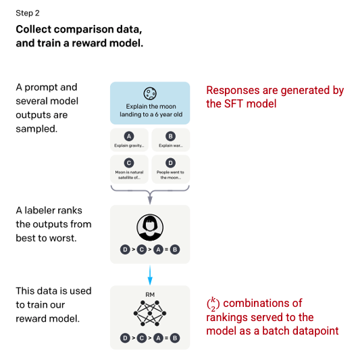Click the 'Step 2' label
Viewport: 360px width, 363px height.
click(x=28, y=14)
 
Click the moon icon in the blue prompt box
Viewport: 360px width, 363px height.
click(x=150, y=93)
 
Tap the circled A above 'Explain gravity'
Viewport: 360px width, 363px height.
click(x=129, y=136)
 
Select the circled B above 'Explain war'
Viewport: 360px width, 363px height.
click(x=170, y=136)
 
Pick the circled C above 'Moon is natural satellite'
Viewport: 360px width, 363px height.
click(x=129, y=163)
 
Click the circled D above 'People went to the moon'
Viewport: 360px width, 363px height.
click(x=170, y=163)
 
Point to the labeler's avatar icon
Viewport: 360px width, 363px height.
click(x=150, y=227)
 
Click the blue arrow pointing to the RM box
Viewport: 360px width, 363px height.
click(x=150, y=275)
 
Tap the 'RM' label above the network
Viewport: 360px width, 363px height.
click(x=150, y=295)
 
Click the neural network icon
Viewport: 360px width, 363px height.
click(x=150, y=313)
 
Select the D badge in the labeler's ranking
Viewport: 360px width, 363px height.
click(x=125, y=249)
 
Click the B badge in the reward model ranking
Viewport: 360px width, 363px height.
click(x=175, y=338)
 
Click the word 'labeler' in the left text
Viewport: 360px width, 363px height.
click(x=38, y=210)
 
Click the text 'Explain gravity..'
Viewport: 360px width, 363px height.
click(x=129, y=145)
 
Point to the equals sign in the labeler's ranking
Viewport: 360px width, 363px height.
click(x=167, y=249)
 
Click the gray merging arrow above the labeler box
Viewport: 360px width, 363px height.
click(x=150, y=191)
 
